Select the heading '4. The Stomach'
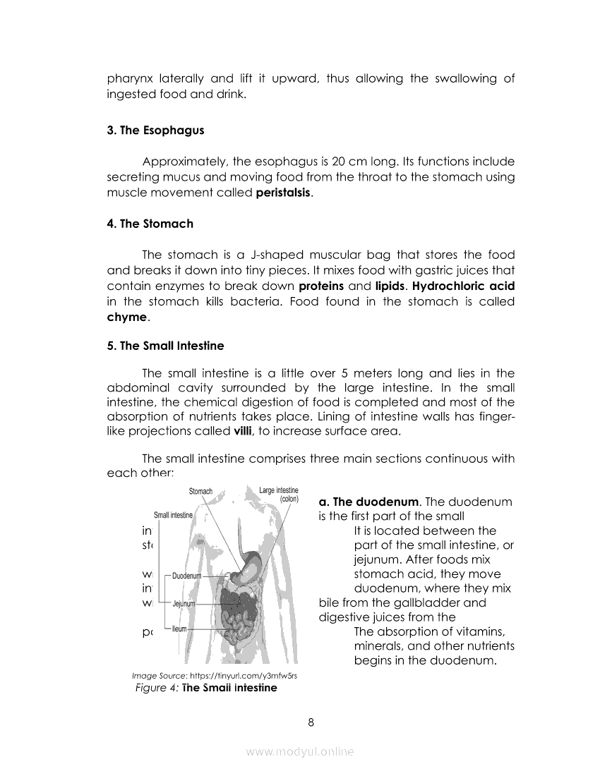[150, 224]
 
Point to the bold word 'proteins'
[322, 286]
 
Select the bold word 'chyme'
[127, 317]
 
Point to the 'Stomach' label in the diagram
[200, 492]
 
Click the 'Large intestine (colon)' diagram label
[279, 494]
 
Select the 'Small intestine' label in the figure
[173, 516]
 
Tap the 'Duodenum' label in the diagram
[187, 576]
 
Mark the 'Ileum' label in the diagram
[179, 627]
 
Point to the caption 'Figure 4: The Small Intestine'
[206, 687]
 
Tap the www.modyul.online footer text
[300, 752]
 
